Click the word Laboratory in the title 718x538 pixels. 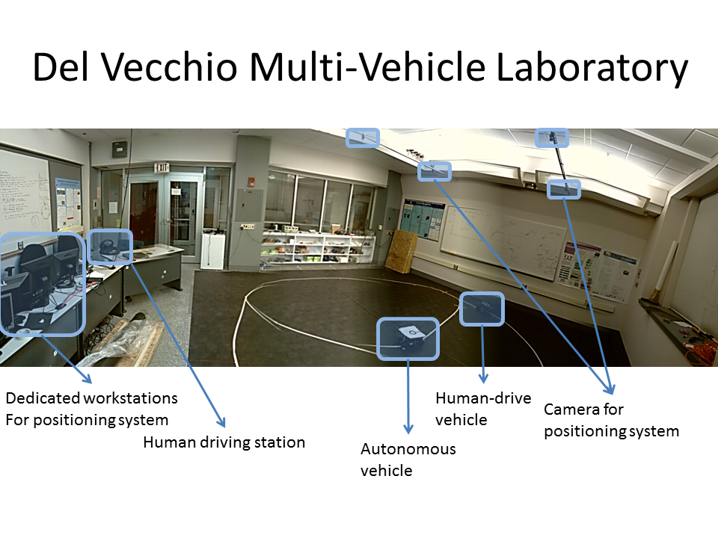[592, 69]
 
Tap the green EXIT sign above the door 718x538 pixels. [162, 167]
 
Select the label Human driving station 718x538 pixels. [224, 442]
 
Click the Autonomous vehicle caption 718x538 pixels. [408, 460]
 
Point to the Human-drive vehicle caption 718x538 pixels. [483, 409]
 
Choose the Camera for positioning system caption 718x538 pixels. [611, 420]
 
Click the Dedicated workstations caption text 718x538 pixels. [91, 409]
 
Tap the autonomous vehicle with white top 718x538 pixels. [408, 336]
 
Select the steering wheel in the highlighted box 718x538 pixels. [108, 246]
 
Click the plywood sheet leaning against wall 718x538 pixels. [401, 251]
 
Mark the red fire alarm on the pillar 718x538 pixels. [251, 181]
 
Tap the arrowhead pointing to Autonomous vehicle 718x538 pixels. [408, 429]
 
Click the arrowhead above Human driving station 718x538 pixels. [221, 421]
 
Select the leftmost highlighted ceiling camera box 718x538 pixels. [363, 137]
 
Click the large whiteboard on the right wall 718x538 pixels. [503, 241]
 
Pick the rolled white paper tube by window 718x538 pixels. [664, 270]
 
